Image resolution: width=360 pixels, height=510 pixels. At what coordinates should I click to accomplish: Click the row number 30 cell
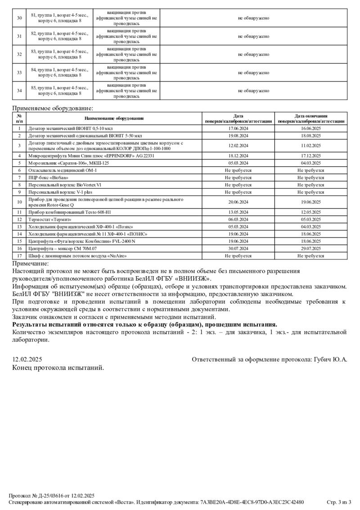click(19, 18)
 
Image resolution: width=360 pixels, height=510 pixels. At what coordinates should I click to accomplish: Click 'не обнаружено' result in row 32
click(253, 55)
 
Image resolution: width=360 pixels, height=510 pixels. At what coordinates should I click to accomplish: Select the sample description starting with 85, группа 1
click(59, 91)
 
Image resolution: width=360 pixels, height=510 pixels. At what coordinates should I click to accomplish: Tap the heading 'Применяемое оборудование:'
click(53, 108)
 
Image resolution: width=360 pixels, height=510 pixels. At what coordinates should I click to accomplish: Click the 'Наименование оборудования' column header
click(114, 118)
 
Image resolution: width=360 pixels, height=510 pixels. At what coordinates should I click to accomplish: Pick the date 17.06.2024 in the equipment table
click(238, 128)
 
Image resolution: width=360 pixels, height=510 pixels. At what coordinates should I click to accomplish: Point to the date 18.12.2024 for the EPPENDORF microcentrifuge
click(238, 155)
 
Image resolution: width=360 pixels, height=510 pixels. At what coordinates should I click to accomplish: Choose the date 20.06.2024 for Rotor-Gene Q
click(238, 202)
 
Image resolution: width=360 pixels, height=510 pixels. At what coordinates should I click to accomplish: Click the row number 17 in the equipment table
click(19, 256)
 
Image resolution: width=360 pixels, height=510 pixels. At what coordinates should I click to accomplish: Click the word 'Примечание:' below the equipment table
click(31, 264)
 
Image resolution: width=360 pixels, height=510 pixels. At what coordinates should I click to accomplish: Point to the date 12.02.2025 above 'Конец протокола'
click(27, 360)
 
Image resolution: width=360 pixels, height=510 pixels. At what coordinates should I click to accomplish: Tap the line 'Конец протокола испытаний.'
click(58, 368)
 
